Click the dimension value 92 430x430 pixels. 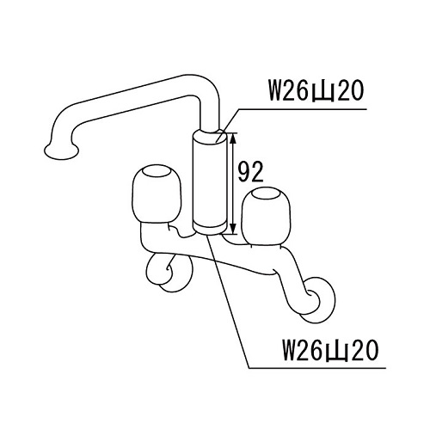(250, 172)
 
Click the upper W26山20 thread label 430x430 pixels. (316, 90)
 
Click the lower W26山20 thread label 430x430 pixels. (330, 350)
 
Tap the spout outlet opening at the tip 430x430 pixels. (61, 150)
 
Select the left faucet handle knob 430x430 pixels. (157, 194)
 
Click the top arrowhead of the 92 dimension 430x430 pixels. (233, 138)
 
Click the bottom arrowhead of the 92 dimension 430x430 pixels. (233, 228)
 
